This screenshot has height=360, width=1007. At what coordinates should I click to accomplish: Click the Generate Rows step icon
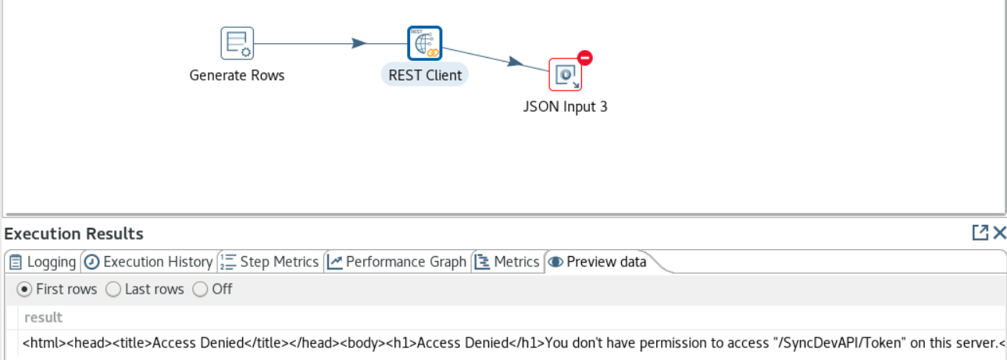[237, 44]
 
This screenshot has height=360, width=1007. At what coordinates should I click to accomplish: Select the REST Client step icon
[424, 44]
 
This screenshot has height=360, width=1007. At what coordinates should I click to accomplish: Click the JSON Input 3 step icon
[565, 75]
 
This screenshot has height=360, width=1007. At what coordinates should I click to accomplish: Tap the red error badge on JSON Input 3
[584, 58]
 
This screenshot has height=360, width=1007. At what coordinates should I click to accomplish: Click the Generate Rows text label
[237, 76]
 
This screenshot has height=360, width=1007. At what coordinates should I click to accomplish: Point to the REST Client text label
[425, 76]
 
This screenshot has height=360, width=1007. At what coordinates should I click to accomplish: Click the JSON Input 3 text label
[565, 107]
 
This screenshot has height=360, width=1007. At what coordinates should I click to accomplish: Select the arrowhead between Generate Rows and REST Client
[359, 44]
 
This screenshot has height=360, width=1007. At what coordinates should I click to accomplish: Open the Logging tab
[43, 262]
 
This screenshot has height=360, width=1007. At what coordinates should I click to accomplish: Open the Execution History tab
[148, 262]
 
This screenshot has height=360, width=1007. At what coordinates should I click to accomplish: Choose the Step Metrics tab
[270, 262]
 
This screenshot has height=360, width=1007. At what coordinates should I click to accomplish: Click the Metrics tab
[508, 262]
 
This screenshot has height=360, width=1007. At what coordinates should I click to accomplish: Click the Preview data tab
[598, 262]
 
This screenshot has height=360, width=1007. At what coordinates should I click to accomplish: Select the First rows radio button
[24, 289]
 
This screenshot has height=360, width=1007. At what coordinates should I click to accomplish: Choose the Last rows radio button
[112, 289]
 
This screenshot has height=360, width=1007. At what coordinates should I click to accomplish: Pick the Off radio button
[200, 289]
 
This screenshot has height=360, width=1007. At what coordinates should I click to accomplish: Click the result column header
[44, 317]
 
